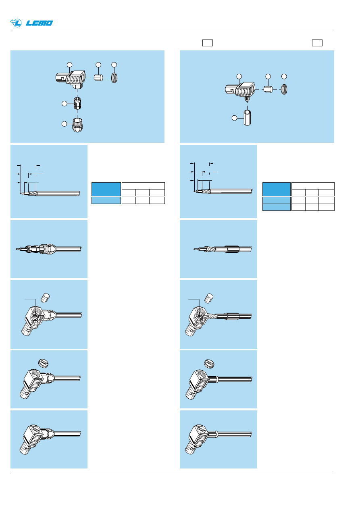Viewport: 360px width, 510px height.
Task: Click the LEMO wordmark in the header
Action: coord(40,23)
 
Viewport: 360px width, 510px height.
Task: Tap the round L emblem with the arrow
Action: coord(16,23)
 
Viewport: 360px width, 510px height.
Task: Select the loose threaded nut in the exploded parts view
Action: coord(77,125)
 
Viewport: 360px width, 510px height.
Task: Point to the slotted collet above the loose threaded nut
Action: coord(77,103)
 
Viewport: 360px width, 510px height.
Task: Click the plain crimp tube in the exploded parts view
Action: coord(247,118)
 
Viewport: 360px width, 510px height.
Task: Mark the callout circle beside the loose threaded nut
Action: coord(65,124)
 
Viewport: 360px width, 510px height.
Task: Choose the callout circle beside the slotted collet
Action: coord(65,104)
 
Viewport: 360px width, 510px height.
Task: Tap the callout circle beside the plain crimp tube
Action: coord(234,118)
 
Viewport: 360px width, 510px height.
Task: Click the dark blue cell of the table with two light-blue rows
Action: coord(277,189)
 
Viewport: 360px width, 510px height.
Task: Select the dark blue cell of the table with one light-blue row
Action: coord(106,189)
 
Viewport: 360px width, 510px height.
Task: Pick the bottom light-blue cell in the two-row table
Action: coord(277,207)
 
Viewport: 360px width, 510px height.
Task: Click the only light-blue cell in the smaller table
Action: coord(106,200)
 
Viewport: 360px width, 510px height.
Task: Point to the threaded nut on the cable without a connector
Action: coord(48,249)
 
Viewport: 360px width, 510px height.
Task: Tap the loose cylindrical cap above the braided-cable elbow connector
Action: coord(209,298)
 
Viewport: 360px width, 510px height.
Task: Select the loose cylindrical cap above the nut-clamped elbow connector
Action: coord(45,298)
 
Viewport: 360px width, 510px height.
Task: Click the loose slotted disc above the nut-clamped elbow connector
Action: coord(43,363)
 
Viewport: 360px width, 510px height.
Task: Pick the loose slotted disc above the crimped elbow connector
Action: coord(209,364)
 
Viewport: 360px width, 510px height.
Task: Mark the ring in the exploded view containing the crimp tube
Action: coord(284,89)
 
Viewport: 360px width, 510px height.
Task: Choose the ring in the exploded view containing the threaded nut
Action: coord(114,78)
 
